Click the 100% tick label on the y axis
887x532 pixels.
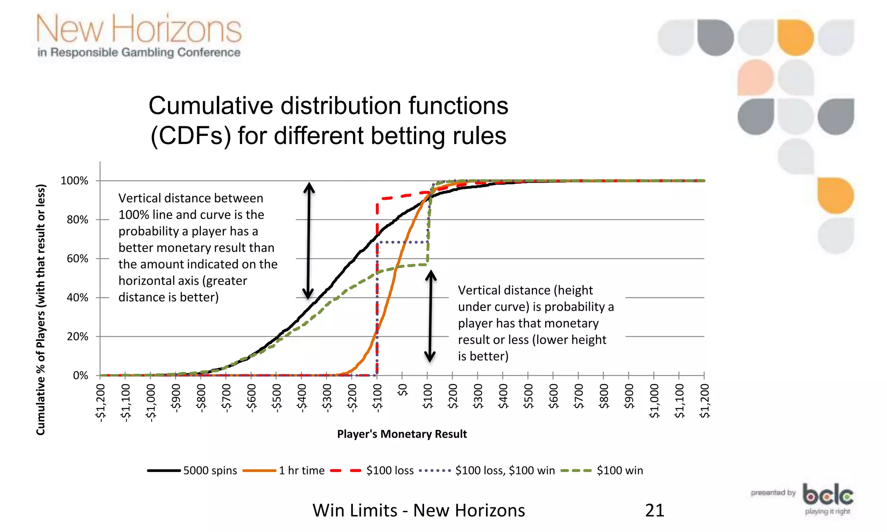(x=74, y=181)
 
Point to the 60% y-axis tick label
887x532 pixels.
(x=78, y=259)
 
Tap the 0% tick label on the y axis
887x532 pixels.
(x=81, y=375)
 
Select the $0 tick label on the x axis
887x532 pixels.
(x=403, y=390)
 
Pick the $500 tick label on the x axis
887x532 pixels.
(x=528, y=396)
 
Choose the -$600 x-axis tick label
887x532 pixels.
(x=252, y=396)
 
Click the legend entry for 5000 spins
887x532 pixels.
(x=192, y=471)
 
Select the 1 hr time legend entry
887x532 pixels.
(x=284, y=471)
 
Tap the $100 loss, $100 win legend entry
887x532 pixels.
(x=487, y=471)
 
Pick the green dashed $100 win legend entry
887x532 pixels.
(x=602, y=471)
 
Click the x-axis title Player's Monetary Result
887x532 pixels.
(x=402, y=434)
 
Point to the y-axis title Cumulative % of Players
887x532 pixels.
(x=41, y=310)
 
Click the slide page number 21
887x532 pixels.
(x=654, y=510)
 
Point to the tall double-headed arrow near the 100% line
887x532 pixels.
(x=308, y=240)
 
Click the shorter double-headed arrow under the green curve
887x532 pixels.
(x=430, y=316)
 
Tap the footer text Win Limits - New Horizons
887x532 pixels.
(x=419, y=510)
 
